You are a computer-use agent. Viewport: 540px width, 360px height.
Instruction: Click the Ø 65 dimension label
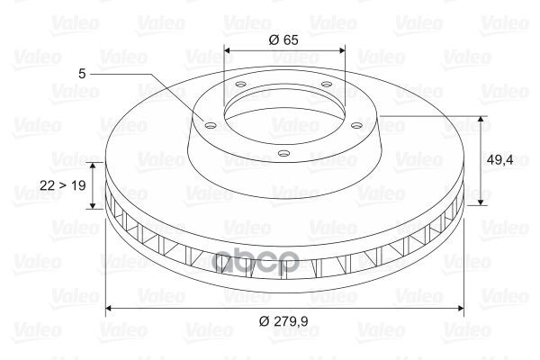283,40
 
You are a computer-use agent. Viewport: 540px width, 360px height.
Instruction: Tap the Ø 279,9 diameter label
283,321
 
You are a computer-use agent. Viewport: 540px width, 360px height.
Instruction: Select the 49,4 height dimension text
499,159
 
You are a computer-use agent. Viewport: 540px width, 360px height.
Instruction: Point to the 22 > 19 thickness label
63,185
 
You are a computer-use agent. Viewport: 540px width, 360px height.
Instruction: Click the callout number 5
82,74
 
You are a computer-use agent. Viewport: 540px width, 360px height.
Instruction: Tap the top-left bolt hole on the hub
241,84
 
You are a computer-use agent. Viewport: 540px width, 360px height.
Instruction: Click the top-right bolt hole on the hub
326,84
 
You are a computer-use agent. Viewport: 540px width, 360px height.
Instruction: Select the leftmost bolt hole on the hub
210,125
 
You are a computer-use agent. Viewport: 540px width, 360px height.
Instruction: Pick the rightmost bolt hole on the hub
357,125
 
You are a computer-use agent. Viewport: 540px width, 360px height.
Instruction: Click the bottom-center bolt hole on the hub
283,153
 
